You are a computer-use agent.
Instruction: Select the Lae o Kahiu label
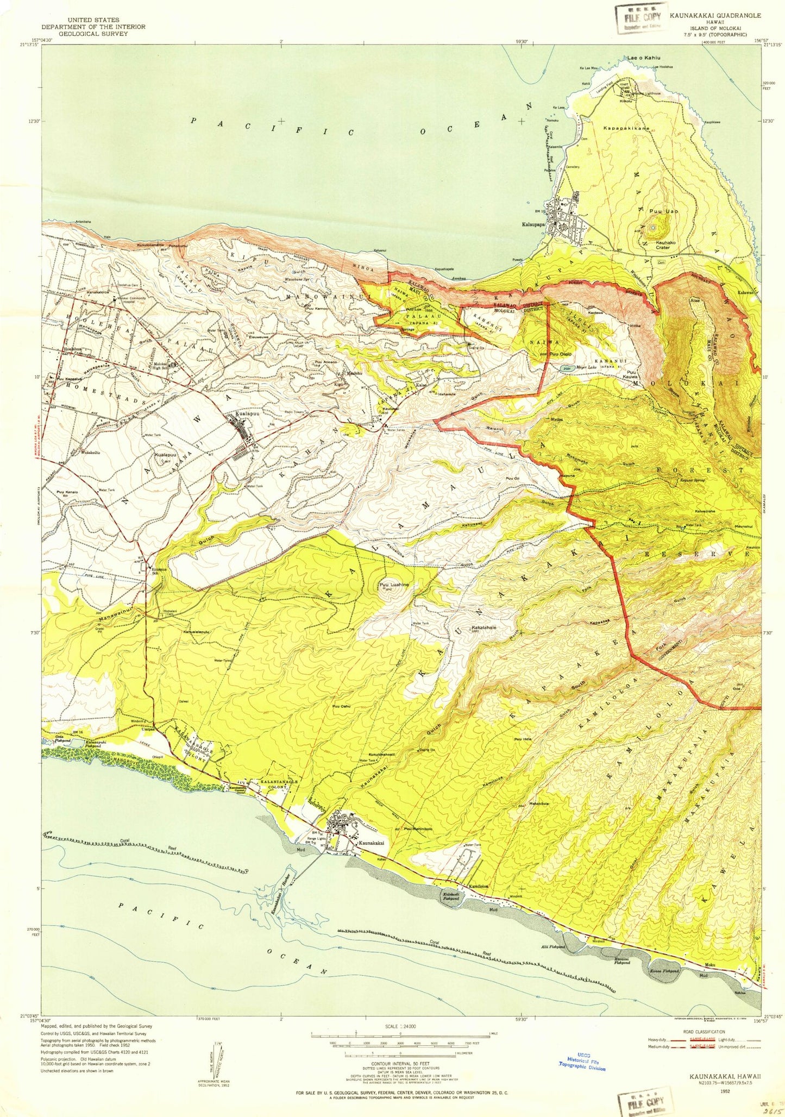(644, 57)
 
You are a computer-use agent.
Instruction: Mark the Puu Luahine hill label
(394, 585)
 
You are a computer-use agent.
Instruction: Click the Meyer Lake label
(586, 367)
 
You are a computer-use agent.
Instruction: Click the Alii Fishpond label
(554, 946)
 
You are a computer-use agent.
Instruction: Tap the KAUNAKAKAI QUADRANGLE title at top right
(715, 15)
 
